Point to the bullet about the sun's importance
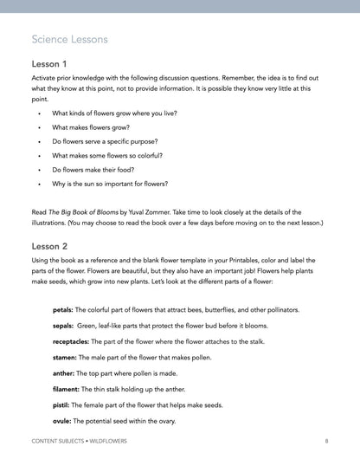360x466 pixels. tap(110, 184)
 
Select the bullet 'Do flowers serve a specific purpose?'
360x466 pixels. tap(115, 141)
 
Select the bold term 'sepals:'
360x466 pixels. tap(63, 326)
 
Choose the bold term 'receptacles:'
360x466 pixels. tap(71, 341)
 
